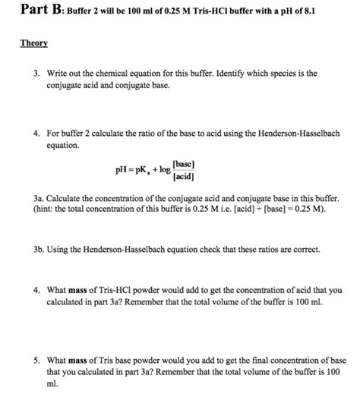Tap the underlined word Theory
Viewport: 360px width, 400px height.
click(x=33, y=43)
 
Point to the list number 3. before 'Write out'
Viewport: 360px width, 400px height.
click(x=36, y=74)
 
